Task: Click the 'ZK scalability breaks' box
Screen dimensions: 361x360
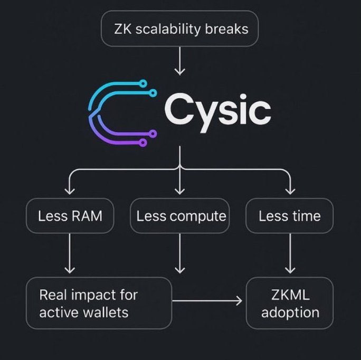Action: (x=179, y=29)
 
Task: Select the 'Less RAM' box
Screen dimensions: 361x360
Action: (x=70, y=216)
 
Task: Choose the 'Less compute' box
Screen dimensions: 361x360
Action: (x=179, y=216)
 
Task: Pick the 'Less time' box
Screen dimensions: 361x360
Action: (x=289, y=216)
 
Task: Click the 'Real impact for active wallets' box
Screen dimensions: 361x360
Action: (x=99, y=303)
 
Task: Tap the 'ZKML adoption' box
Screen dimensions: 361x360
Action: (x=290, y=303)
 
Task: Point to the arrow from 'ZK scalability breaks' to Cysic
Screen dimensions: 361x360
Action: (x=179, y=61)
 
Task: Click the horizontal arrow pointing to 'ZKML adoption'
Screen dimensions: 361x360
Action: (x=207, y=300)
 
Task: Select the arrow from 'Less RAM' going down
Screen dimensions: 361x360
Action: (x=70, y=253)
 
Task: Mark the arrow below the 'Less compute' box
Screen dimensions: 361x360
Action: (x=179, y=253)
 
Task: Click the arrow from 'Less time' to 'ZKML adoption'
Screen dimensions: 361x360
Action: (x=290, y=253)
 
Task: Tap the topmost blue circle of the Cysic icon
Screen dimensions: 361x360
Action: (x=143, y=83)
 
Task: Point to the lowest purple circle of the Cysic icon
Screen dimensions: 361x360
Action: (x=143, y=143)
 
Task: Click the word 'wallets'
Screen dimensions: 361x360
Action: (x=105, y=312)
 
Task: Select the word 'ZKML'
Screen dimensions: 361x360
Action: (x=290, y=295)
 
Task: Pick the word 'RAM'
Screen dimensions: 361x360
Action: (x=87, y=216)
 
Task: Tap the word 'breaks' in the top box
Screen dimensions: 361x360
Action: (x=226, y=29)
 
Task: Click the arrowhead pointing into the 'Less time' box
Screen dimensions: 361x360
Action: (x=290, y=191)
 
